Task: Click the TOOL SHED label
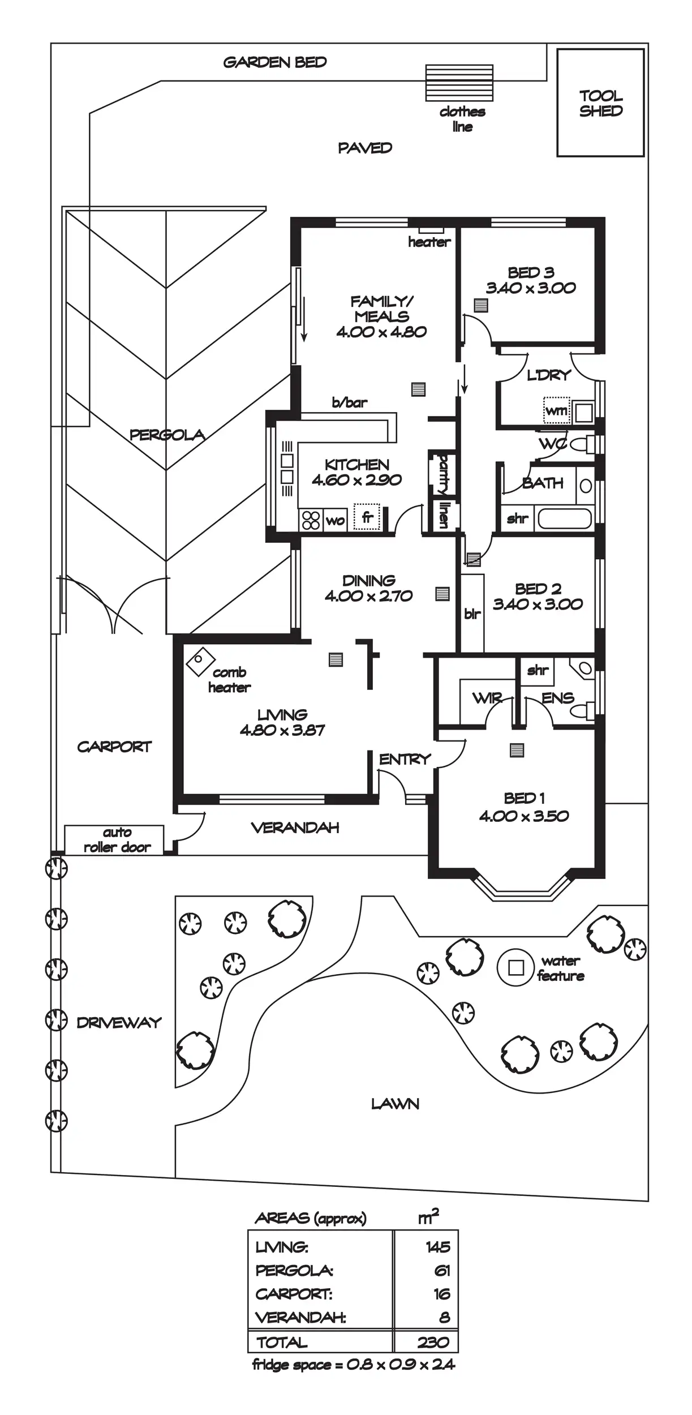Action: coord(600,103)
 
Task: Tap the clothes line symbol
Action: coord(459,83)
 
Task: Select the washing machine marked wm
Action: coord(556,410)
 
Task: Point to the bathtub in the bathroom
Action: coord(564,518)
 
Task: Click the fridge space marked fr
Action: coord(367,516)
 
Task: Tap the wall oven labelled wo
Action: coord(336,520)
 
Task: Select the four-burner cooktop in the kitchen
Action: coord(311,520)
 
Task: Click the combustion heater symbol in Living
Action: coord(200,661)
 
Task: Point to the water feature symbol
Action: coord(515,967)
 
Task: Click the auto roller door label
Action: coord(117,839)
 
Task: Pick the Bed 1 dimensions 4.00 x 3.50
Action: coord(524,816)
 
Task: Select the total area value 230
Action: coord(433,1341)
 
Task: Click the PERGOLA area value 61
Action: coord(442,1271)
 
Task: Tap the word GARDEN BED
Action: coord(275,62)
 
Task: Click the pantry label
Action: coord(444,474)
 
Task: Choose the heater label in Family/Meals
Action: coord(429,242)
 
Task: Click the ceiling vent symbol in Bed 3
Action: coord(480,306)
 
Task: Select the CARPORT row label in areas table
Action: coord(294,1294)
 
